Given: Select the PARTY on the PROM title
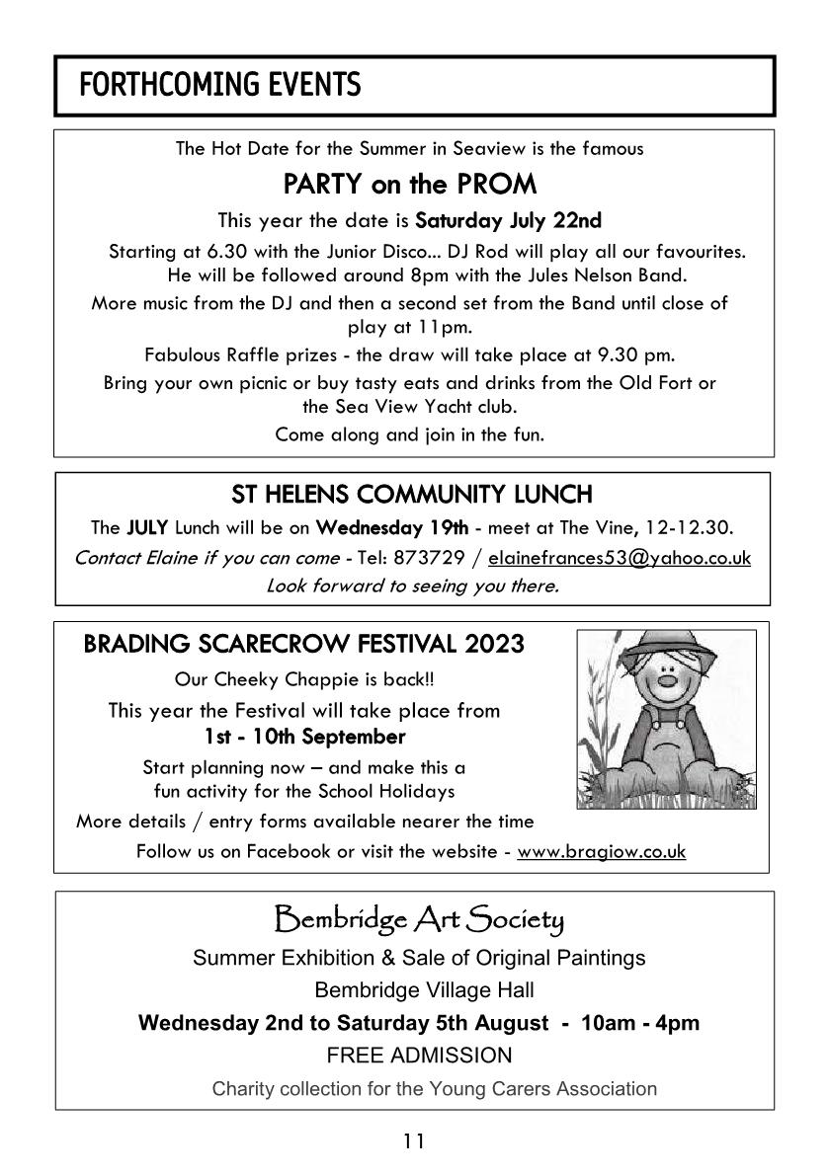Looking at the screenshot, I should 409,184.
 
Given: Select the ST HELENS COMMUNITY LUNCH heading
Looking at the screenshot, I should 412,492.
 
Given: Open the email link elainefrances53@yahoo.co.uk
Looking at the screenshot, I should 619,558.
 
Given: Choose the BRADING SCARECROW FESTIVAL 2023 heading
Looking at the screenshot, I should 304,645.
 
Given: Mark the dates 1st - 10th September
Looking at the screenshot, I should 304,737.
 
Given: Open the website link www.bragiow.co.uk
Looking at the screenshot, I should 601,851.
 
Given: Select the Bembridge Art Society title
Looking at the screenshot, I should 418,921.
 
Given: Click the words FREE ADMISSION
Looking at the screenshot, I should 419,1056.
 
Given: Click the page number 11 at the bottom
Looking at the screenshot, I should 413,1142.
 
